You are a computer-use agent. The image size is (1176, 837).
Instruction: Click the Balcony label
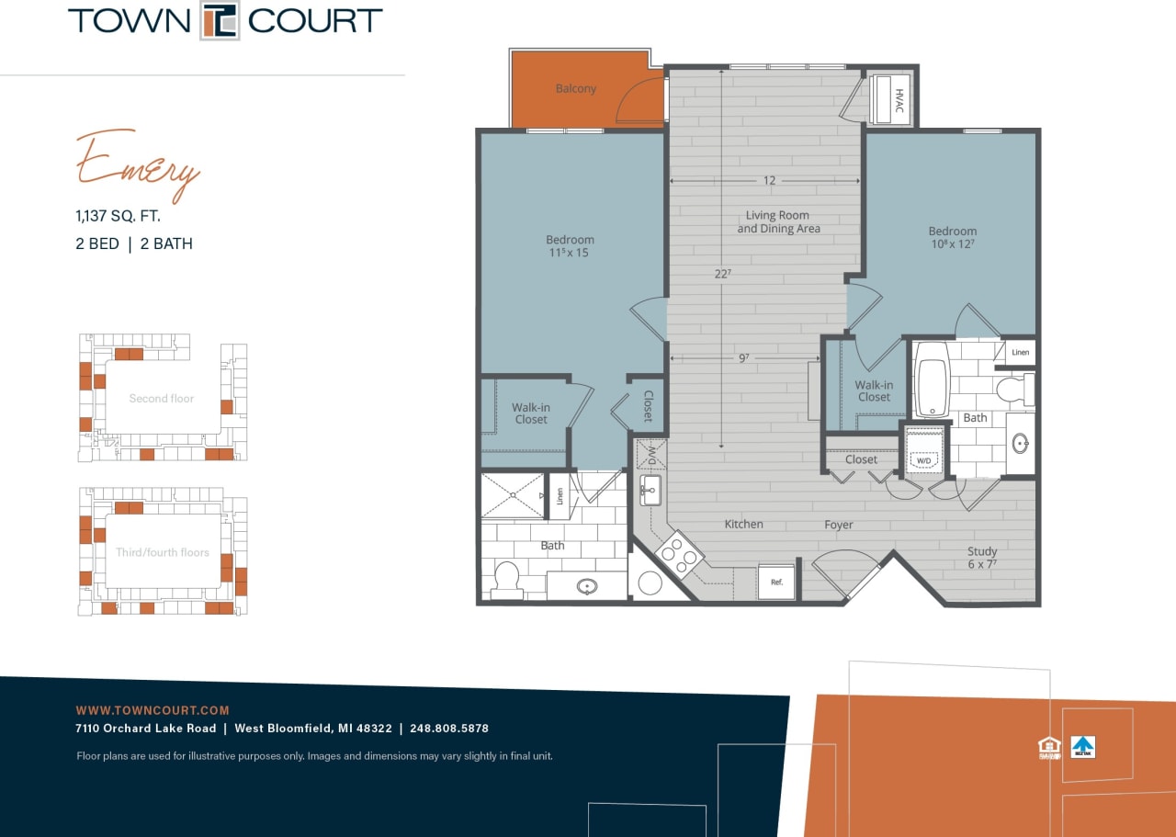[x=576, y=89]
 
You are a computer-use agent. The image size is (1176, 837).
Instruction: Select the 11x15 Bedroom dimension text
[x=570, y=253]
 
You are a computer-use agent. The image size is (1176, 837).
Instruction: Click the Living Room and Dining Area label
[x=778, y=222]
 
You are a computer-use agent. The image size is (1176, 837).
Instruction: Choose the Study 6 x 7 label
[x=981, y=559]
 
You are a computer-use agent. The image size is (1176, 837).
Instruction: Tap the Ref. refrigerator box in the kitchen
[x=775, y=582]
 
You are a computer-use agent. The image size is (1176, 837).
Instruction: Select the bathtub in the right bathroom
[x=931, y=379]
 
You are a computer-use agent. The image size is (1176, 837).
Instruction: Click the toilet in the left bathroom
[x=507, y=579]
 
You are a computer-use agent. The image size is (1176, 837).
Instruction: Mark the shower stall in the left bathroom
[x=513, y=496]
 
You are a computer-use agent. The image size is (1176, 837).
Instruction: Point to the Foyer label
[x=838, y=526]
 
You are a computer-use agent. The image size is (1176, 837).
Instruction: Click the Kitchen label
[x=743, y=525]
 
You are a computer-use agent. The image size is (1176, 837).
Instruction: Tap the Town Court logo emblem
[x=220, y=21]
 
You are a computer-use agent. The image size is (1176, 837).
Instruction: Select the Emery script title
[x=138, y=165]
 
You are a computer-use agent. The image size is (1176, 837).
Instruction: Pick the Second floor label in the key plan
[x=162, y=399]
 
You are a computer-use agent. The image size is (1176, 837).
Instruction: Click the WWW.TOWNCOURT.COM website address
[x=153, y=710]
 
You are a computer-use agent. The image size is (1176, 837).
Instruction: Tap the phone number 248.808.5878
[x=449, y=729]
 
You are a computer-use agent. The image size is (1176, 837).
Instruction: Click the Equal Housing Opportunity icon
[x=1048, y=748]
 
